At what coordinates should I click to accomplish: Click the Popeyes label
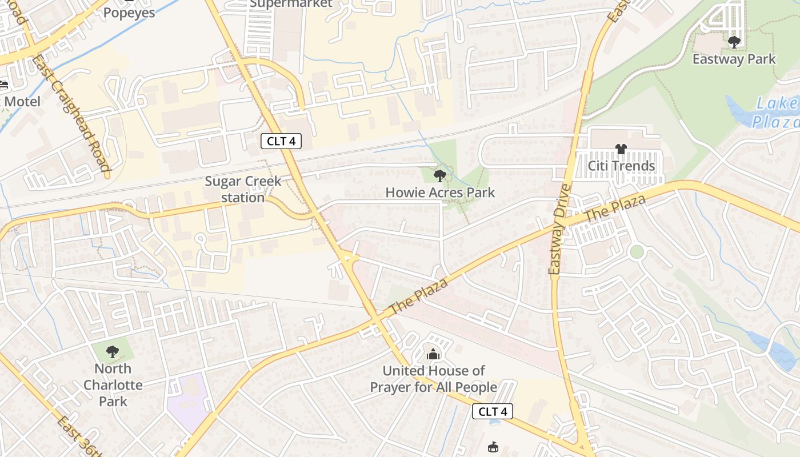[x=129, y=13]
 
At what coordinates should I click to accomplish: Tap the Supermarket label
[x=291, y=3]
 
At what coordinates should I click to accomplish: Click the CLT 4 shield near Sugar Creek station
[x=281, y=141]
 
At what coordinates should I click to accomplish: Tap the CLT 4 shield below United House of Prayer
[x=493, y=411]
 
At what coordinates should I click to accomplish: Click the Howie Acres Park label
[x=440, y=193]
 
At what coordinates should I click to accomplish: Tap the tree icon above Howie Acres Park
[x=439, y=175]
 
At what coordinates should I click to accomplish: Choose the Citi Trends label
[x=622, y=166]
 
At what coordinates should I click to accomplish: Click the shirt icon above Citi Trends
[x=621, y=149]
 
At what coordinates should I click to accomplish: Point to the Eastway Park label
[x=734, y=59]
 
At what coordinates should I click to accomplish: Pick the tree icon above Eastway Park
[x=734, y=42]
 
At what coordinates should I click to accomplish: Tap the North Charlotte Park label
[x=113, y=384]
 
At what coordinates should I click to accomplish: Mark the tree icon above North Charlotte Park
[x=113, y=351]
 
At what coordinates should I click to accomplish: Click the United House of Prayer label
[x=434, y=379]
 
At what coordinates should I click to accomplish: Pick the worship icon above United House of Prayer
[x=434, y=354]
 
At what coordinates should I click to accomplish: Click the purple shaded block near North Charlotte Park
[x=189, y=400]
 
